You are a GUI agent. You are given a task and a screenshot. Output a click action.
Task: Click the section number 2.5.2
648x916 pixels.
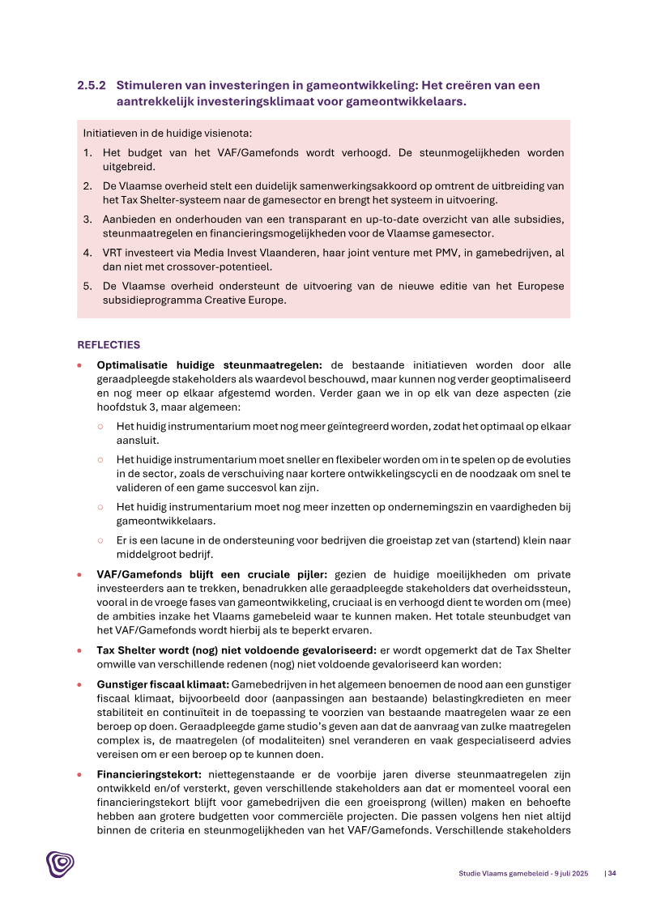pyautogui.click(x=92, y=85)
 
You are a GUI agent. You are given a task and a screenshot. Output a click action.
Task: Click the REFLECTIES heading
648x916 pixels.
pyautogui.click(x=109, y=344)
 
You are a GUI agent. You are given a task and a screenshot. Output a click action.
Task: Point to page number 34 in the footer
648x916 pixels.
pyautogui.click(x=611, y=873)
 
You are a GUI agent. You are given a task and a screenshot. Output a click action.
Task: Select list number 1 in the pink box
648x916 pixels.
pyautogui.click(x=87, y=152)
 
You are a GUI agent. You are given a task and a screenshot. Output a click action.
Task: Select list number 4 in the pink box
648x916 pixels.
pyautogui.click(x=87, y=253)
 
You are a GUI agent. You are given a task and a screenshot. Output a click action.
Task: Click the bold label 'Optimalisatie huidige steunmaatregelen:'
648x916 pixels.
pyautogui.click(x=210, y=365)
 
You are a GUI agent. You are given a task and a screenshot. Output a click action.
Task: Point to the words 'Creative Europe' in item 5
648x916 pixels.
pyautogui.click(x=248, y=300)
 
